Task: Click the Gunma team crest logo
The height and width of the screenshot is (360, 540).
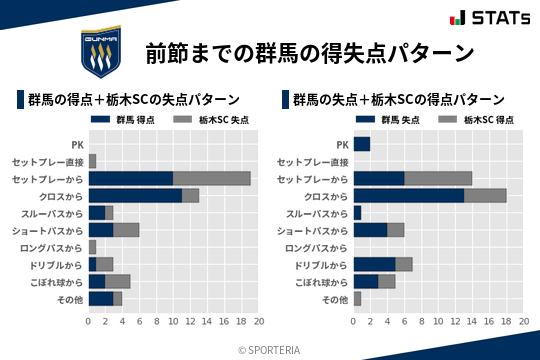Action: pos(101,53)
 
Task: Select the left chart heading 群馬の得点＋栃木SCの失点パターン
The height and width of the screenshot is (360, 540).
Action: pos(133,100)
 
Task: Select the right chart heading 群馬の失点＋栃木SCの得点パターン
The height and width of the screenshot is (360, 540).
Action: pos(398,100)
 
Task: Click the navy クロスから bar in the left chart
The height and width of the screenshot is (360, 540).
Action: pos(135,196)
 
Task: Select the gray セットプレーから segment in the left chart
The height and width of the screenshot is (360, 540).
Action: pos(212,178)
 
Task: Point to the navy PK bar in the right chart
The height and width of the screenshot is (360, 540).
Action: pos(362,144)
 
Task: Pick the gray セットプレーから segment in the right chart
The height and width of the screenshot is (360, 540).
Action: pos(438,178)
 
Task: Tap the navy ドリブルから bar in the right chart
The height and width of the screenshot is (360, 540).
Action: pos(375,264)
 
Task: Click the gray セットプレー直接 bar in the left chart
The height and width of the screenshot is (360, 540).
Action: pos(92,161)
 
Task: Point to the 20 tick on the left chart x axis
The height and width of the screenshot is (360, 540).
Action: pos(259,323)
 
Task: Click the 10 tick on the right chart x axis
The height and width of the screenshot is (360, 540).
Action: pos(439,323)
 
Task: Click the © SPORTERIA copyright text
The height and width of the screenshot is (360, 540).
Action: pos(270,349)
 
